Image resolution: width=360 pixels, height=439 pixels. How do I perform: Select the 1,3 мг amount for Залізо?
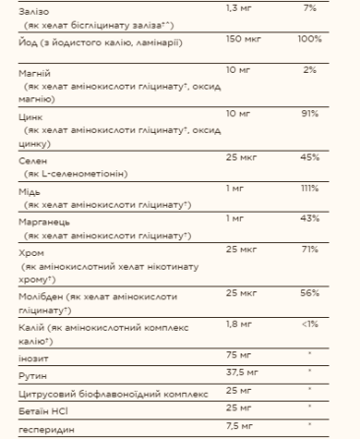pos(239,8)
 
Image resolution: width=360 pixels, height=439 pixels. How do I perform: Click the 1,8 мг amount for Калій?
pos(239,323)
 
